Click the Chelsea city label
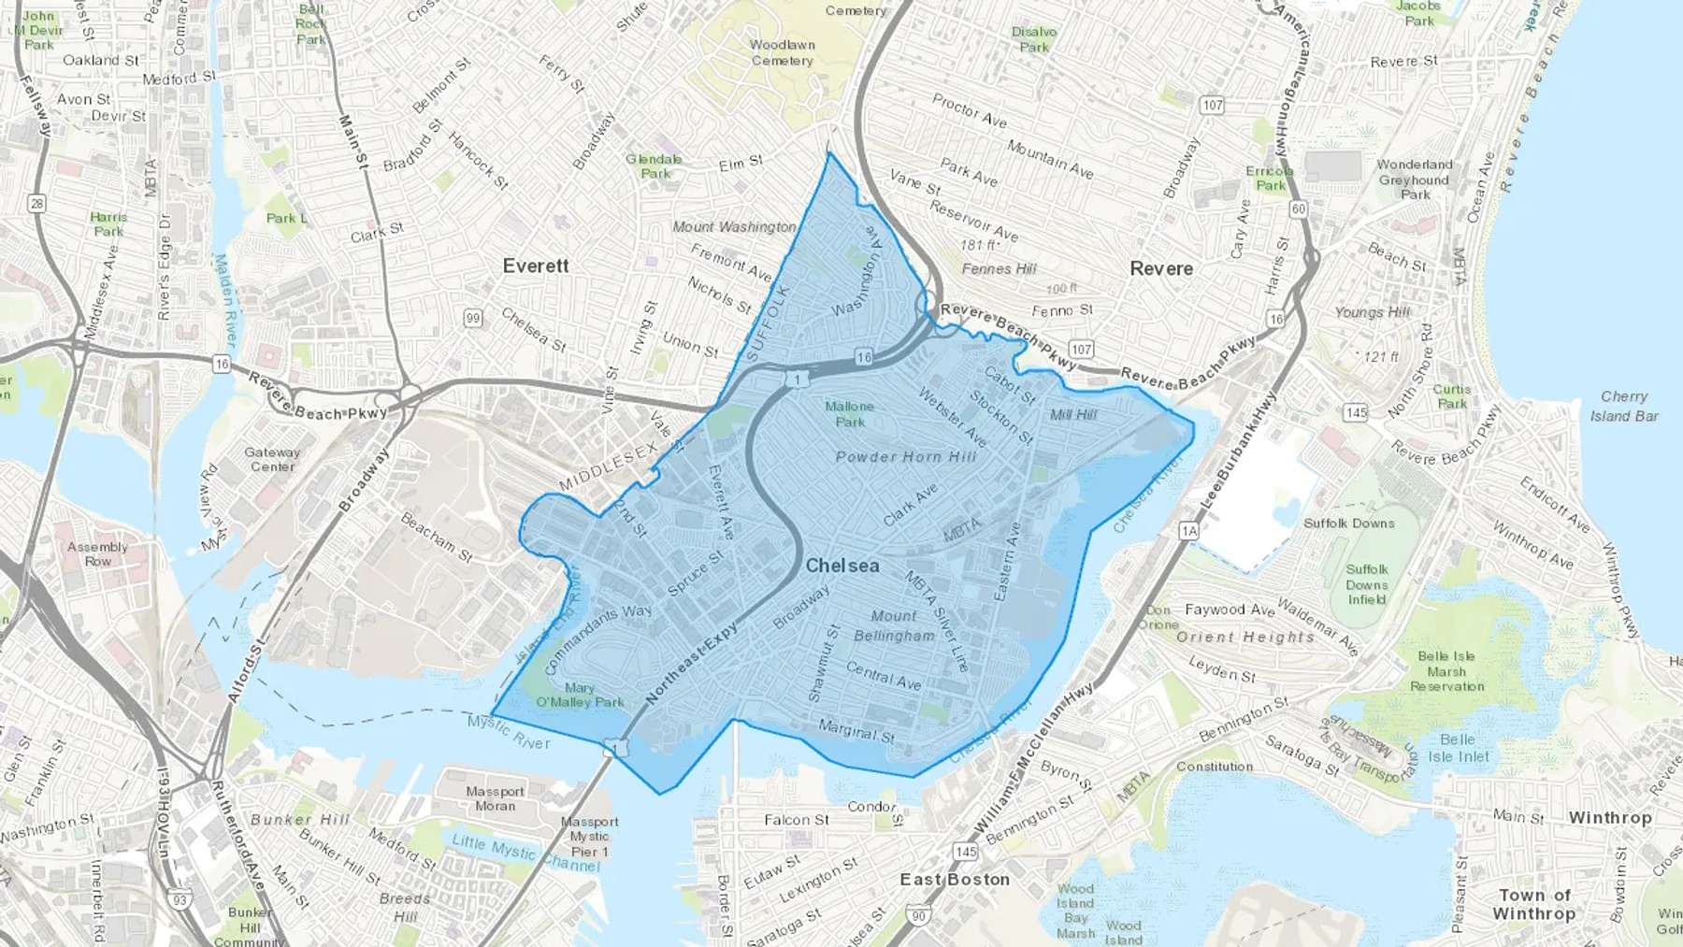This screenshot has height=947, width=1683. pyautogui.click(x=842, y=566)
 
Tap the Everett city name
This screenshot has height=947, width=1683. pyautogui.click(x=535, y=266)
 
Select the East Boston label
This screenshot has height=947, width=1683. pyautogui.click(x=955, y=880)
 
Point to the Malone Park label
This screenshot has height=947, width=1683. pyautogui.click(x=850, y=414)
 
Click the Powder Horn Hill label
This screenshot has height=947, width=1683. pyautogui.click(x=905, y=457)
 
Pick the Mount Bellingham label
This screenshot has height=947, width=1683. pyautogui.click(x=894, y=626)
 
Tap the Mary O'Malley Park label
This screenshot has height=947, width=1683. pyautogui.click(x=580, y=696)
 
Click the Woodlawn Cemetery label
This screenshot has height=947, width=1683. pyautogui.click(x=783, y=52)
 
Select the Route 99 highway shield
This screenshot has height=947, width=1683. pyautogui.click(x=473, y=318)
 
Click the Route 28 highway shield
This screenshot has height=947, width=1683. pyautogui.click(x=36, y=203)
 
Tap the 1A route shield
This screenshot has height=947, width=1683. pyautogui.click(x=1188, y=531)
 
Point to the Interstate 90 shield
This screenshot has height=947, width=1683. pyautogui.click(x=918, y=916)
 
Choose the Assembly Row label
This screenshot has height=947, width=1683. pyautogui.click(x=97, y=554)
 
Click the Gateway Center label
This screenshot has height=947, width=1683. pyautogui.click(x=272, y=459)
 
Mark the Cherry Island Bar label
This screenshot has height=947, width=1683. pyautogui.click(x=1624, y=406)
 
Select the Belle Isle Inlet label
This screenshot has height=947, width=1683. pyautogui.click(x=1458, y=748)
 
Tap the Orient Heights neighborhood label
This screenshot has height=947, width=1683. pyautogui.click(x=1244, y=638)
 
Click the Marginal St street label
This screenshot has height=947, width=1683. pyautogui.click(x=856, y=730)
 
